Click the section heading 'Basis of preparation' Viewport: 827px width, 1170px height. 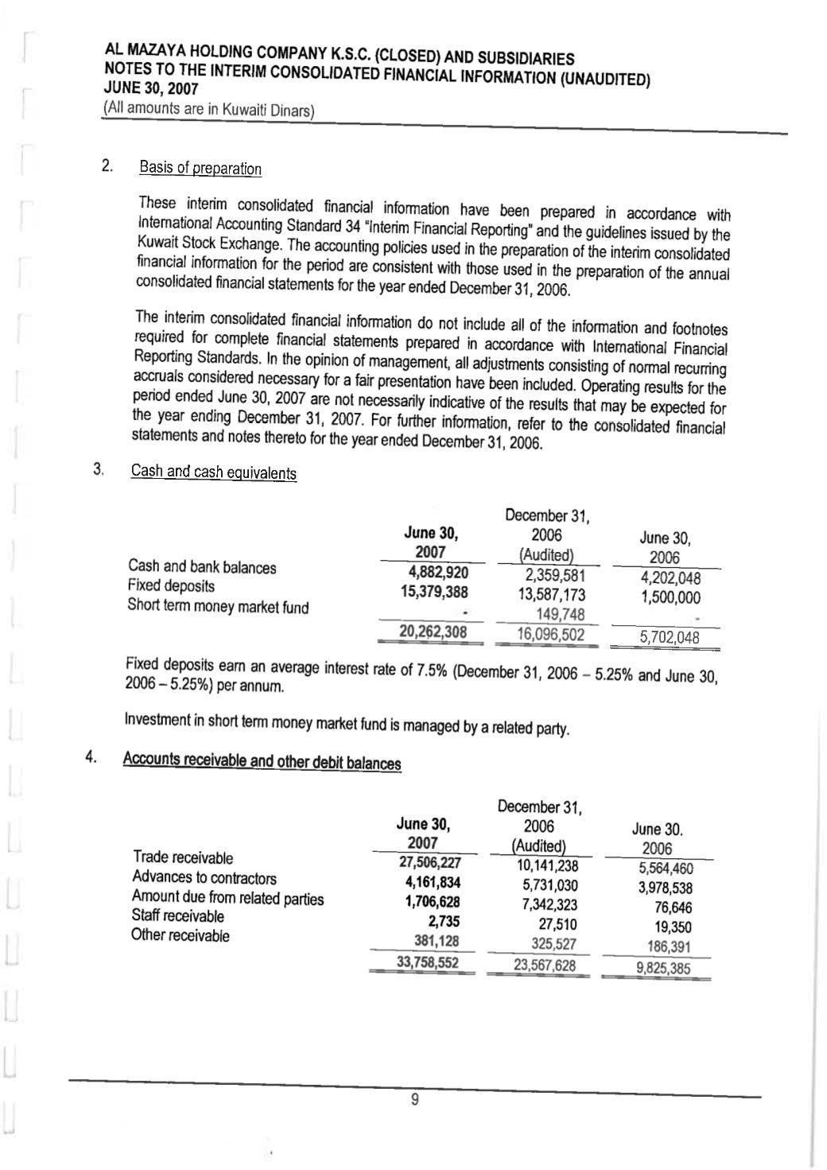[x=200, y=169]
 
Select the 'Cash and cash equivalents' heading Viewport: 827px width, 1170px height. [x=213, y=472]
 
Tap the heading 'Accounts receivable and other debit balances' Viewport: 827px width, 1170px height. [x=262, y=760]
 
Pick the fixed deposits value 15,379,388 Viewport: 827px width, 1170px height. [x=433, y=592]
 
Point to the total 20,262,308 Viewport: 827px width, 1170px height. [x=433, y=632]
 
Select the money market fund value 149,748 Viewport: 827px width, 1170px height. [x=561, y=614]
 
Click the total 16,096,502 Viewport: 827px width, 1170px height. [x=550, y=634]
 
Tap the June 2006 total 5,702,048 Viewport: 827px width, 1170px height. [x=670, y=636]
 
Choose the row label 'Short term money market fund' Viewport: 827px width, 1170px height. [x=218, y=607]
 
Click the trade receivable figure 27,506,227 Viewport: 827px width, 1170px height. [x=429, y=864]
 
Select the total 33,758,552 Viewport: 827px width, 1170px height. [x=427, y=963]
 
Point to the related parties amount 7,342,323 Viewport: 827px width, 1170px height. [x=549, y=905]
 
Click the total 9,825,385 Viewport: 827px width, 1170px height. [x=662, y=968]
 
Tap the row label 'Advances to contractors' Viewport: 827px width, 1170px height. [x=204, y=878]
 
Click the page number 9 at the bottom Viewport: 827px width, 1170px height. [x=413, y=1101]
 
